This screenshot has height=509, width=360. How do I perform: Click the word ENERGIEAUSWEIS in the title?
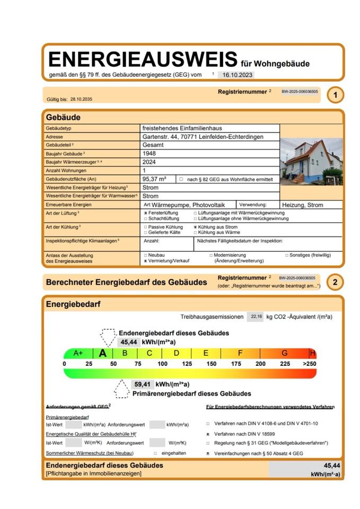click(x=142, y=59)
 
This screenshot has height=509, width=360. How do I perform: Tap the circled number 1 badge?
click(x=335, y=95)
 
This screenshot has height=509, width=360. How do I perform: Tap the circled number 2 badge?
click(x=335, y=282)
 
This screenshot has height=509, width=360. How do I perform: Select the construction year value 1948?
click(x=150, y=153)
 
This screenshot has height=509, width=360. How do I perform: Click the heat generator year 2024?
click(x=150, y=162)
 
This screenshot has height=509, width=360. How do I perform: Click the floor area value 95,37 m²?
click(x=155, y=179)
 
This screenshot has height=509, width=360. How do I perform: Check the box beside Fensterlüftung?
click(x=145, y=213)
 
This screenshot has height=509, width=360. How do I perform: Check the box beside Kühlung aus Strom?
click(x=196, y=227)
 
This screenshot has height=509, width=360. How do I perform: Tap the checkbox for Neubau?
click(x=145, y=255)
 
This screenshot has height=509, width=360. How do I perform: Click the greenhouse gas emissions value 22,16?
click(x=255, y=317)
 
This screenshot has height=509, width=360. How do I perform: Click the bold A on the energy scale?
click(x=103, y=353)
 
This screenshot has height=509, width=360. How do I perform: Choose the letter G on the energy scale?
click(x=284, y=353)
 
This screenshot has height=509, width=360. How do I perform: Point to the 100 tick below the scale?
click(x=162, y=364)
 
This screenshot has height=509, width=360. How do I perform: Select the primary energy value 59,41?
click(x=143, y=384)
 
